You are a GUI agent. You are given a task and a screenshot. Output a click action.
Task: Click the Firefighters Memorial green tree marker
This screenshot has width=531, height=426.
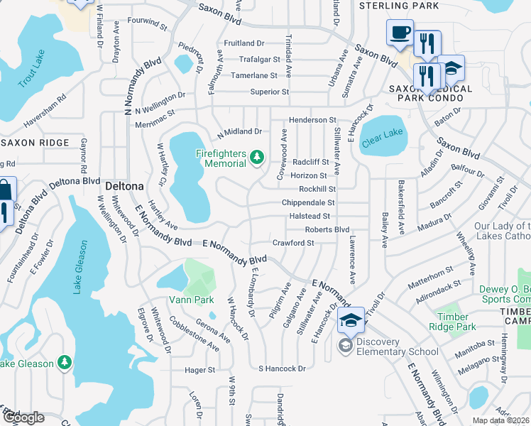click(257, 157)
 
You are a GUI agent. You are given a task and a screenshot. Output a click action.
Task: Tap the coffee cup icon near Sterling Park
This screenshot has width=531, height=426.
click(400, 32)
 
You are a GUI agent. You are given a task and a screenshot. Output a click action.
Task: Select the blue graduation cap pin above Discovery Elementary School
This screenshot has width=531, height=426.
click(351, 320)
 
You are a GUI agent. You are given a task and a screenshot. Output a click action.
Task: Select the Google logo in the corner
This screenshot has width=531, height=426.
click(23, 417)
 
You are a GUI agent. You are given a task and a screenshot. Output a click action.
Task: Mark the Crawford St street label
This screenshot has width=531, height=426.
click(293, 243)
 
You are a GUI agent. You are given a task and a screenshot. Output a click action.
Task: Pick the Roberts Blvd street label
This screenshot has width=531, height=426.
click(327, 229)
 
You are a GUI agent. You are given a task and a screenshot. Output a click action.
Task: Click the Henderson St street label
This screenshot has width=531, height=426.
click(312, 121)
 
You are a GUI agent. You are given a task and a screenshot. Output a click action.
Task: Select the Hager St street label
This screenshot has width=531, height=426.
click(199, 370)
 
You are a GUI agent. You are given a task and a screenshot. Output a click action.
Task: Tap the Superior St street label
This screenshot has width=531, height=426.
click(270, 92)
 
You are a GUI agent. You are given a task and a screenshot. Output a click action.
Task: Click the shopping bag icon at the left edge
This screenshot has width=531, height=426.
click(5, 191)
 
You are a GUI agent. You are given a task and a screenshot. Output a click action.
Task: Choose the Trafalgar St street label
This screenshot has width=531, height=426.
click(254, 59)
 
